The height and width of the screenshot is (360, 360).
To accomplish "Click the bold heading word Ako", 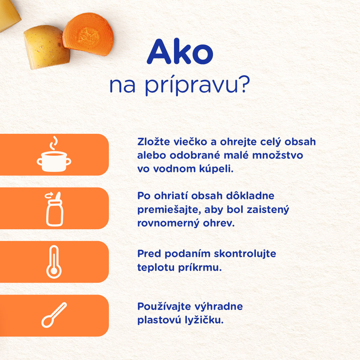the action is (180, 52).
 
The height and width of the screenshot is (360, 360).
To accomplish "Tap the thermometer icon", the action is (54, 262).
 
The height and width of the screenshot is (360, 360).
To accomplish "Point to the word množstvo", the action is (277, 155).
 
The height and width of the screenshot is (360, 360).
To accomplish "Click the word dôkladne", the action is (250, 196).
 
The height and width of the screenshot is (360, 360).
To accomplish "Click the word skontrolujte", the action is (245, 254).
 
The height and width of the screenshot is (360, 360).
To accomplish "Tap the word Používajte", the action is (164, 307).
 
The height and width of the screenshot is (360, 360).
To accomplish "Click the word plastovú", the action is (159, 320).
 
